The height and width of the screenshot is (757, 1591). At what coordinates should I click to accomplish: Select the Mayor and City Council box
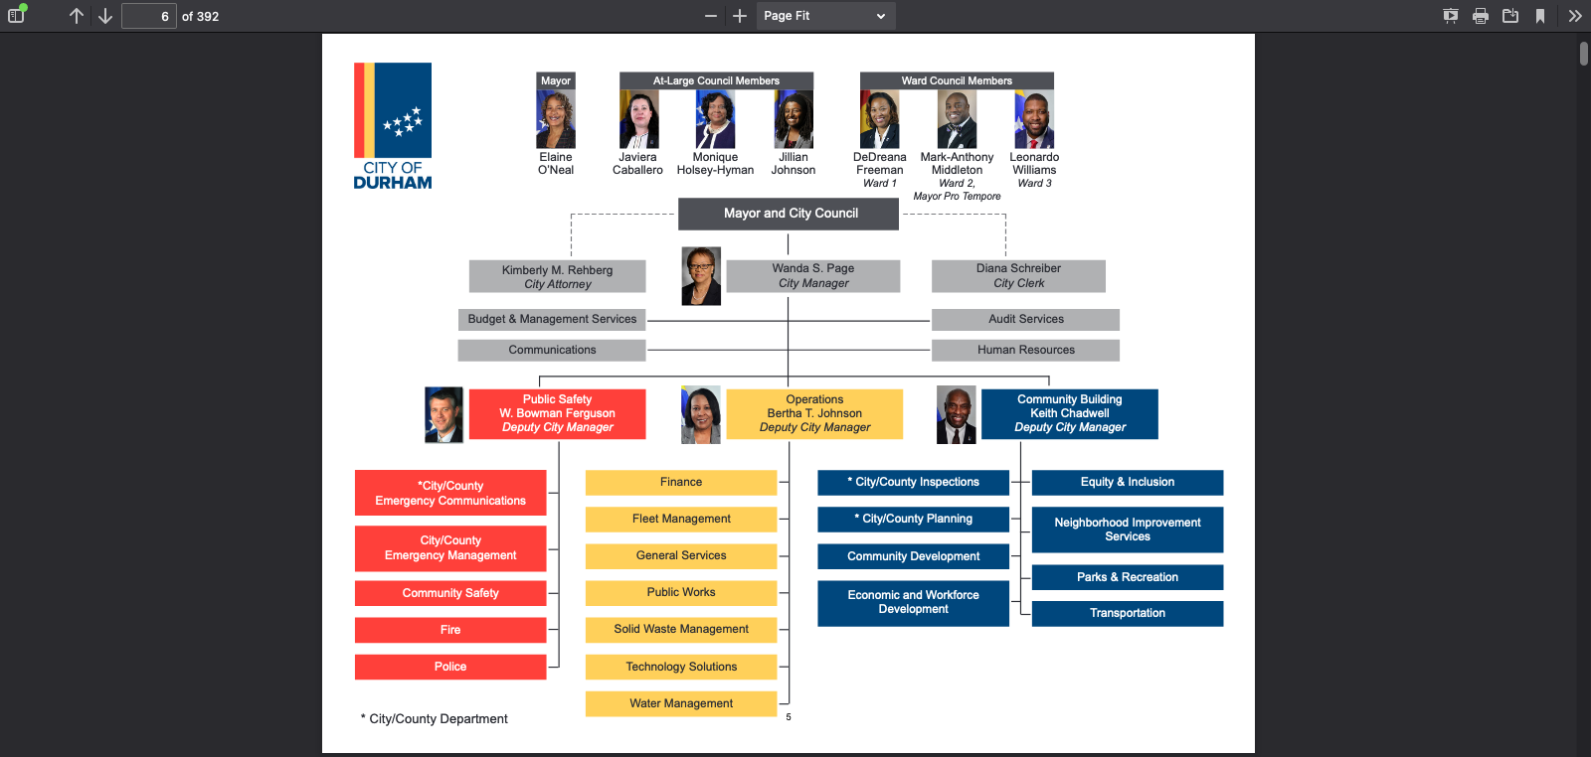click(x=788, y=214)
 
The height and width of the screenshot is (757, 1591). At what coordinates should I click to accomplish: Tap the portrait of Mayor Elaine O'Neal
click(x=556, y=118)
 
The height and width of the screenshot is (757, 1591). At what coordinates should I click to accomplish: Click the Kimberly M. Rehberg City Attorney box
click(x=557, y=276)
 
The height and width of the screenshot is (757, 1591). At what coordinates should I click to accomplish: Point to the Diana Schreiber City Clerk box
click(x=1018, y=275)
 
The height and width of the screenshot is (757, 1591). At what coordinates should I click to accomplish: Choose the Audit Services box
click(x=1025, y=319)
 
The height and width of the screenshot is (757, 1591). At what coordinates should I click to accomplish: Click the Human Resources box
click(x=1025, y=350)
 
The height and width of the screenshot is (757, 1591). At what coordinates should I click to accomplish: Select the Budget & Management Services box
click(x=552, y=319)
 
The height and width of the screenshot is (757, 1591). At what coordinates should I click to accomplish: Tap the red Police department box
click(x=450, y=667)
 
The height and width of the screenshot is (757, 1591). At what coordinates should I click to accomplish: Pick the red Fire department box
click(x=450, y=630)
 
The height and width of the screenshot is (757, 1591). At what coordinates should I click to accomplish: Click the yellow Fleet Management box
click(x=681, y=519)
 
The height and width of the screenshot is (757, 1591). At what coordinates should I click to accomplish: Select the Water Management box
click(x=681, y=703)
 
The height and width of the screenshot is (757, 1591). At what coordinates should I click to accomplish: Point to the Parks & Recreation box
click(x=1128, y=577)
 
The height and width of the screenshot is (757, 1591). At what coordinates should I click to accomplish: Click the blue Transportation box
click(x=1128, y=613)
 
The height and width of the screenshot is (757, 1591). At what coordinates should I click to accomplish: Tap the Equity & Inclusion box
click(x=1128, y=483)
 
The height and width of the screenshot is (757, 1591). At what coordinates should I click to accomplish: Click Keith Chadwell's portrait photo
click(x=956, y=415)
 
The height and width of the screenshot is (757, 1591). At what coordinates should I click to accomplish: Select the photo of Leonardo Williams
click(x=1034, y=118)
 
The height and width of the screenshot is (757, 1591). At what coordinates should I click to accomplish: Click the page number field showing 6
click(x=149, y=16)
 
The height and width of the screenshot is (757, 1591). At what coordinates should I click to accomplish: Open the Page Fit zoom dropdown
click(x=825, y=16)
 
